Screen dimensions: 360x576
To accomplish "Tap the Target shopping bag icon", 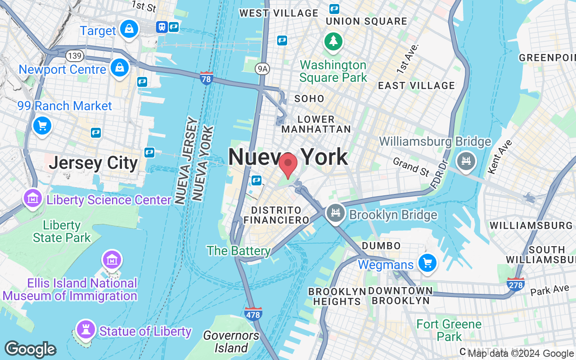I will [x=129, y=29].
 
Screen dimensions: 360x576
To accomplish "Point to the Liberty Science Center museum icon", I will [x=33, y=198].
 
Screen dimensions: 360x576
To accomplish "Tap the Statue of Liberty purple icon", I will [x=85, y=330].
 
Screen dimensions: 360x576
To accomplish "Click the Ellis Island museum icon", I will [x=111, y=259].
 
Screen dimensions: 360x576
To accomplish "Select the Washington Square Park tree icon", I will [x=333, y=41].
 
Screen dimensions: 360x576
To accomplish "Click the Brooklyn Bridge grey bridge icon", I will [x=335, y=213].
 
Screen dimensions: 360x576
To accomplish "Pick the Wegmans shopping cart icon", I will [x=427, y=263].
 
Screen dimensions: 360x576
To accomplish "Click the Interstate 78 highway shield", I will [x=207, y=78].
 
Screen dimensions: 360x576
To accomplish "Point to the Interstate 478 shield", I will [x=253, y=314].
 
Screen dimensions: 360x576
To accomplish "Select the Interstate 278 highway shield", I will [x=515, y=284].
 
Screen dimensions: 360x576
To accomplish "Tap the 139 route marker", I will [x=73, y=56].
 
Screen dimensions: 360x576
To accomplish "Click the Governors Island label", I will [x=231, y=342].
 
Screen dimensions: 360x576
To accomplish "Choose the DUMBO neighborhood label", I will [x=381, y=246].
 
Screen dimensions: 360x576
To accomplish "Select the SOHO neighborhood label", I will [x=309, y=99].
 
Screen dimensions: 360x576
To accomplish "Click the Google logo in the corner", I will [x=30, y=350].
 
